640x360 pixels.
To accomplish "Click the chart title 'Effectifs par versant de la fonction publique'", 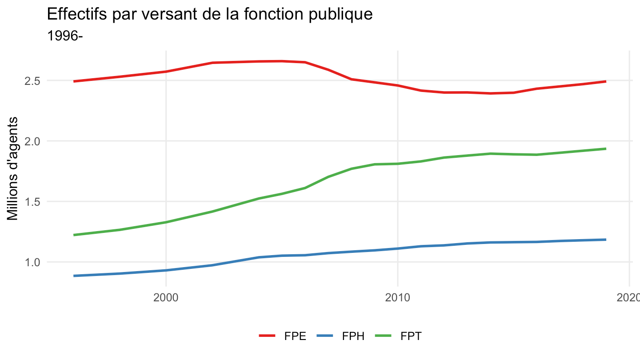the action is pos(210,14).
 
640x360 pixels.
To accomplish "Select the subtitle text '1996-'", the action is pos(65,36).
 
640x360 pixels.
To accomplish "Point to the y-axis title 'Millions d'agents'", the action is pos(12,168).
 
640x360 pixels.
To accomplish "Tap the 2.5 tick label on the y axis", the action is pos(32,81).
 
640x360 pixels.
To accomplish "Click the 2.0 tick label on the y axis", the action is pos(32,141).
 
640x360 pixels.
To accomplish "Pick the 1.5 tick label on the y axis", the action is pos(32,202).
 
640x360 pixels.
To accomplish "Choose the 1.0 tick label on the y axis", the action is pos(32,262).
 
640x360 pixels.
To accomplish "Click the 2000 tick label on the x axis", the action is pos(166,298).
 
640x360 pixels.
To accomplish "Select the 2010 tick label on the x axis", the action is pos(397,298).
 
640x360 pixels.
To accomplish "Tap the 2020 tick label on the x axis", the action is pos(628,298).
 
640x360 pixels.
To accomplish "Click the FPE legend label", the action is pos(295,336).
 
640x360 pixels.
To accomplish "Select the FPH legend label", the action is pos(353,336).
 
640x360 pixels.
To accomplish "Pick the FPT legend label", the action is pos(411,336).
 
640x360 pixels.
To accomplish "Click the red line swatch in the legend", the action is pos(267,336).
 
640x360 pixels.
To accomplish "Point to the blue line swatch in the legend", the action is pos(325,336).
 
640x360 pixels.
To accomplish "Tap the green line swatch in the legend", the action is pos(383,336).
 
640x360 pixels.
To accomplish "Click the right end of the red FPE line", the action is pos(606,81).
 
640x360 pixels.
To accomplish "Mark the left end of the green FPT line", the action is pos(74,235).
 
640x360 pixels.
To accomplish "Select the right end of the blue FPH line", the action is pos(606,240).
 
